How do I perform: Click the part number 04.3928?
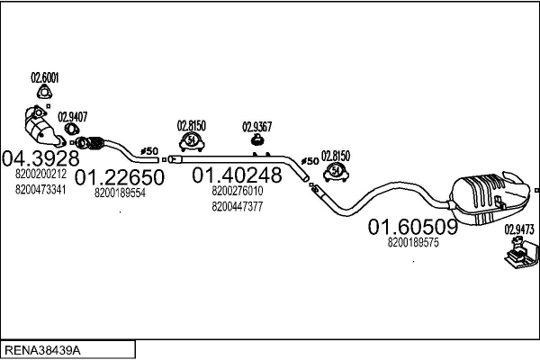pyautogui.click(x=35, y=157)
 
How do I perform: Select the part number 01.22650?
pyautogui.click(x=119, y=177)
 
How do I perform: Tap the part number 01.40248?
pyautogui.click(x=238, y=174)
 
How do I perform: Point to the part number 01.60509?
pyautogui.click(x=413, y=228)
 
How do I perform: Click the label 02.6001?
pyautogui.click(x=44, y=77)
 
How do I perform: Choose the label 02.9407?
pyautogui.click(x=72, y=116)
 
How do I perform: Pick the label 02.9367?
pyautogui.click(x=256, y=126)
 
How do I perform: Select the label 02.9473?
pyautogui.click(x=518, y=229)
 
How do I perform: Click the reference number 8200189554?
pyautogui.click(x=119, y=193)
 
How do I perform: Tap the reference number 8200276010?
pyautogui.click(x=238, y=191)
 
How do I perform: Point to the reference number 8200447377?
pyautogui.click(x=238, y=206)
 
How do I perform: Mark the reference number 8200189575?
pyautogui.click(x=413, y=243)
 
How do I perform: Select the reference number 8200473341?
pyautogui.click(x=40, y=189)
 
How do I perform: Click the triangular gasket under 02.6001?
pyautogui.click(x=42, y=95)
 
